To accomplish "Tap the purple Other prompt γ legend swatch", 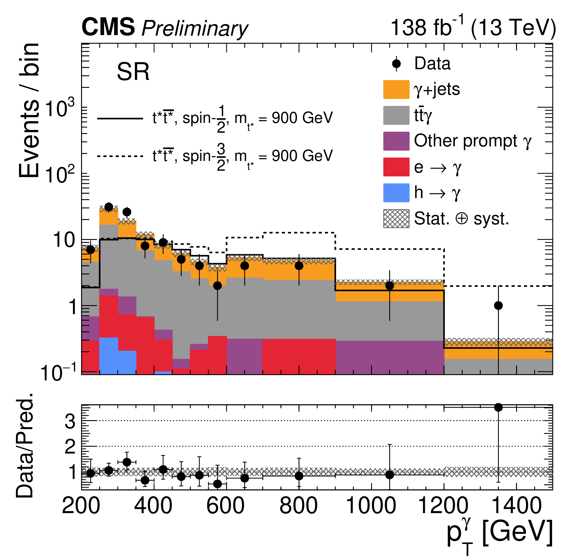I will click(x=396, y=141).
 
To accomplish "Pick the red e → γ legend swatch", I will click(x=396, y=167).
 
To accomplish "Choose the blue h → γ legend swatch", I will click(x=396, y=193).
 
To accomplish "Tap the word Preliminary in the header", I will click(x=195, y=29).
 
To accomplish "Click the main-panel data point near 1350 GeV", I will click(x=498, y=305).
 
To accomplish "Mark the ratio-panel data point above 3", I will click(x=498, y=408).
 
